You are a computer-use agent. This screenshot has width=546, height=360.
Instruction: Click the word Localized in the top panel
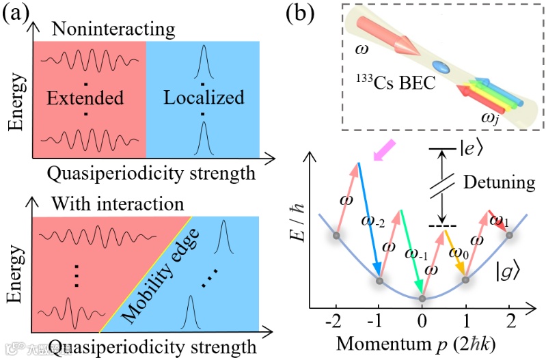(204, 97)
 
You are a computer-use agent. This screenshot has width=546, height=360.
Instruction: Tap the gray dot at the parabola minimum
(422, 298)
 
